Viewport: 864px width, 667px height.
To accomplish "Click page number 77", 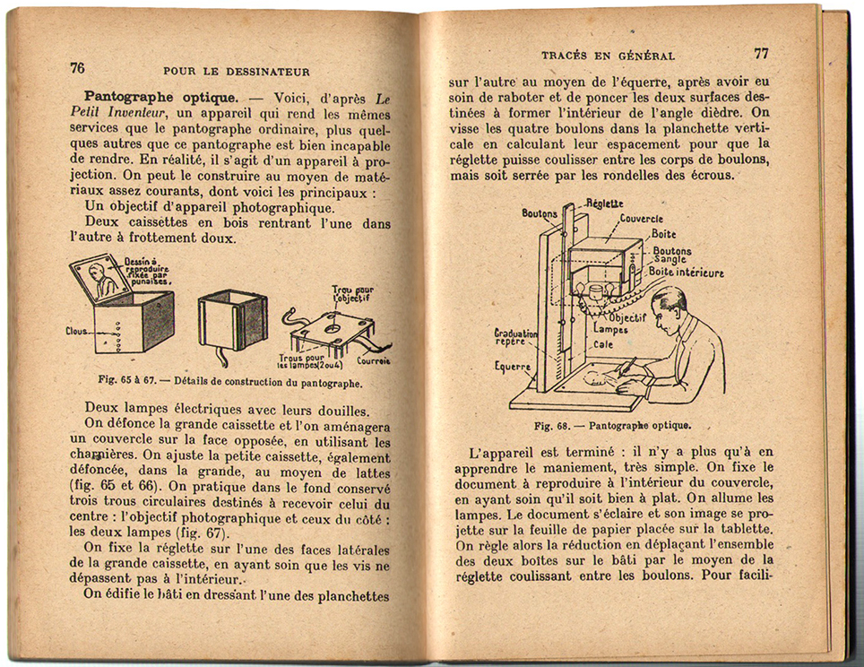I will [762, 53].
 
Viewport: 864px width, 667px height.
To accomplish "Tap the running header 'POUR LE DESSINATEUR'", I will [237, 72].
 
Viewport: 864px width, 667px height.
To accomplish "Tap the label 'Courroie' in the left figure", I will [373, 362].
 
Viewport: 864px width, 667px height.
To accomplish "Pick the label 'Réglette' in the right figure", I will [606, 204].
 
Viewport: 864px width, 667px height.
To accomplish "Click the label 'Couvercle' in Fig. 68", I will [641, 218].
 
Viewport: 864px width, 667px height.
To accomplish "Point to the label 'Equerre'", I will [513, 366].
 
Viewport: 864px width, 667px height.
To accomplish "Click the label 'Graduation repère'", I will [515, 337].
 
